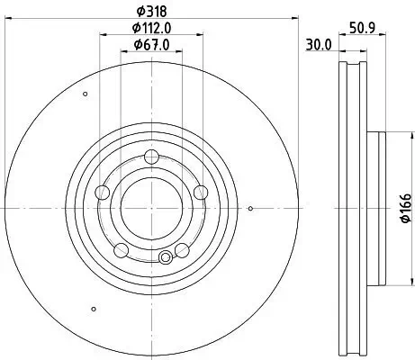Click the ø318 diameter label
point(151,11)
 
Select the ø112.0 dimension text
point(151,28)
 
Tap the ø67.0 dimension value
point(151,45)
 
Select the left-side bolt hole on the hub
point(103,191)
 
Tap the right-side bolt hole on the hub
point(200,191)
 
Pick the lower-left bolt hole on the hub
point(121,248)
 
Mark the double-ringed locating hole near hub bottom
point(165,258)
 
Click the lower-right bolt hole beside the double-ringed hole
point(182,249)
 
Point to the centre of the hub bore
point(151,206)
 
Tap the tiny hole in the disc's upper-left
point(85,94)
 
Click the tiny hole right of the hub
point(250,209)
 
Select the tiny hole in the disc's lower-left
point(94,310)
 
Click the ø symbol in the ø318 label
point(137,11)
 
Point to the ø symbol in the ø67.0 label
point(136,45)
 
